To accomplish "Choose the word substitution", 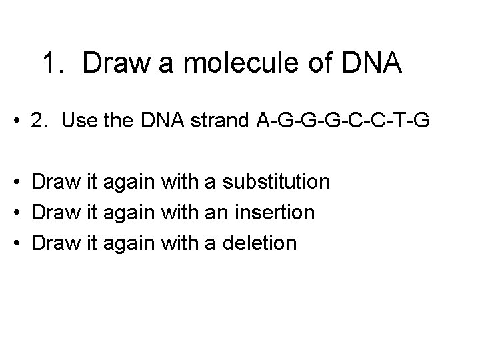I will (x=275, y=181).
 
